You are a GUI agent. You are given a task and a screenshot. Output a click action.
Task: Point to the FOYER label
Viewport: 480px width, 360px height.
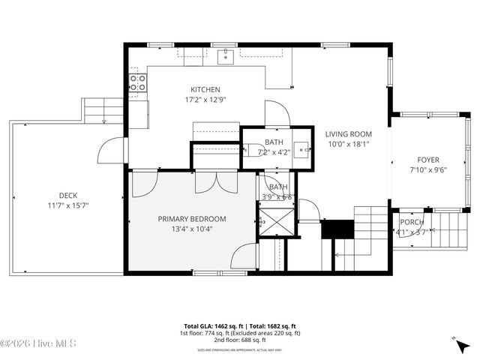[428, 160]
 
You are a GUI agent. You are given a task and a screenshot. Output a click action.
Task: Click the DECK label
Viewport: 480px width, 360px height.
[68, 196]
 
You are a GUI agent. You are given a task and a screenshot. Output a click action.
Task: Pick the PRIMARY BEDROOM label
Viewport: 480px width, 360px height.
[191, 219]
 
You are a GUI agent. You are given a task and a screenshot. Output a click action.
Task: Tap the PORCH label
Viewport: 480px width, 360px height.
[411, 223]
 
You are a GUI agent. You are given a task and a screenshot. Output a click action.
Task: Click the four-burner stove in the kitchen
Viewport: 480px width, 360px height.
[136, 82]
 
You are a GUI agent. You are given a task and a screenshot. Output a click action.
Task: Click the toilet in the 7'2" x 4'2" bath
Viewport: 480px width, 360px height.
[252, 148]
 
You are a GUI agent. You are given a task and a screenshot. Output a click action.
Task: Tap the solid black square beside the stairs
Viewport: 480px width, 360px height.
[337, 229]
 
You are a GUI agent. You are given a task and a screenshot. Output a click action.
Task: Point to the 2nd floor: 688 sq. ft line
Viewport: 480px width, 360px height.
[239, 339]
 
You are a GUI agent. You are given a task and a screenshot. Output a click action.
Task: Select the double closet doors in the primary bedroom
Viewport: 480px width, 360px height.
[216, 182]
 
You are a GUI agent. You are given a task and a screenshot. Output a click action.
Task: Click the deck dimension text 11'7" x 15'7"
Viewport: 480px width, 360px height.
[68, 205]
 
